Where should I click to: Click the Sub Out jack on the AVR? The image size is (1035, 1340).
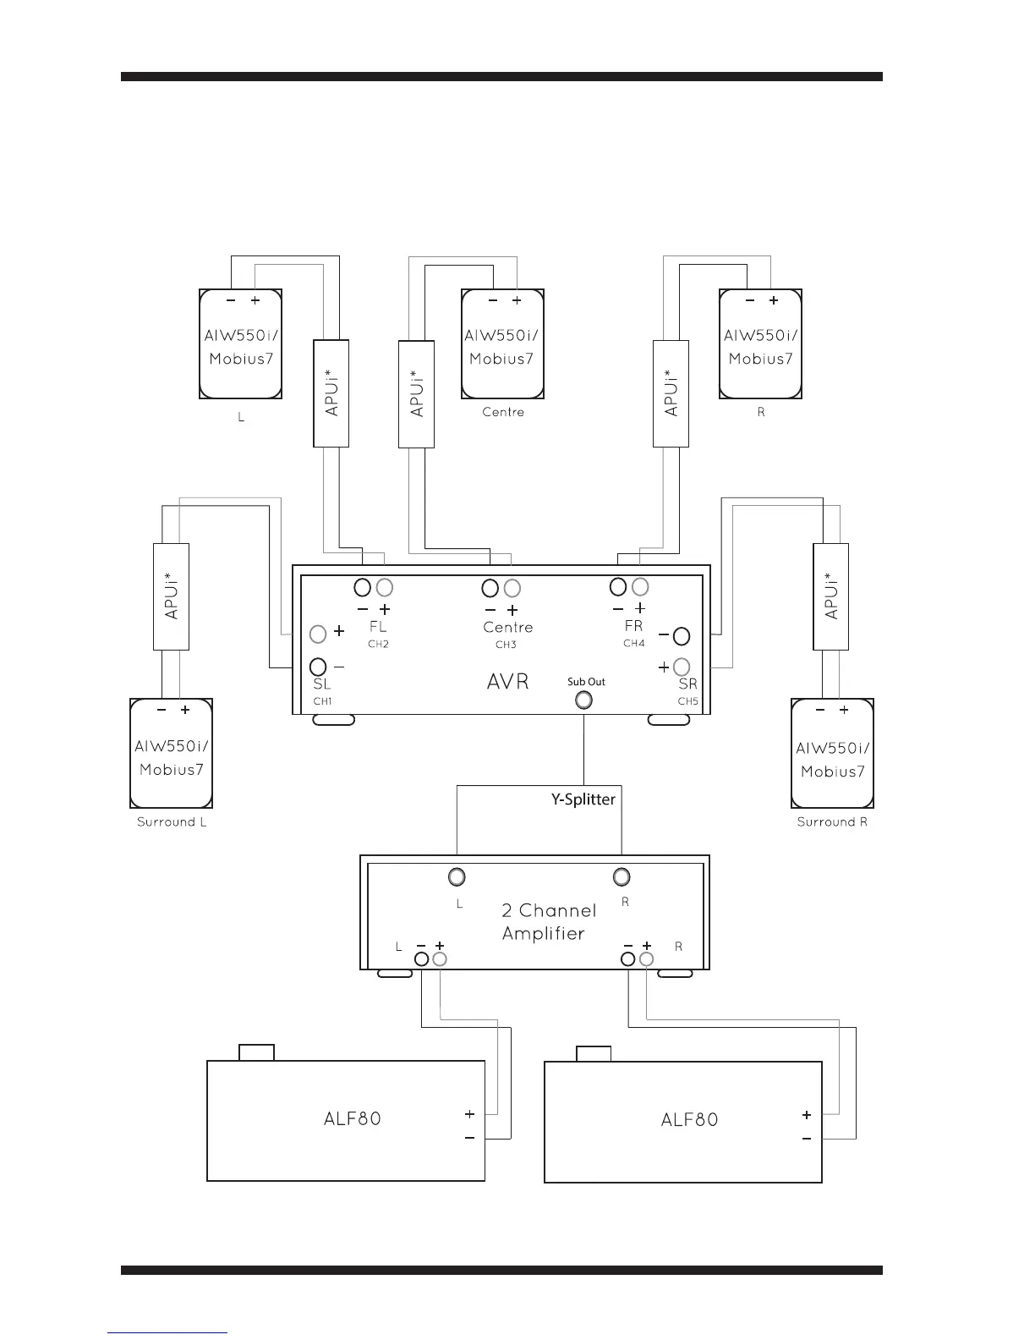tap(583, 700)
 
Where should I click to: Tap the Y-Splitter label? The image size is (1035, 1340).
tap(583, 799)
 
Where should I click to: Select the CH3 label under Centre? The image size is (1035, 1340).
tap(506, 645)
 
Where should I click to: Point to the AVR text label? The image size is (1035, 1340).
tap(508, 682)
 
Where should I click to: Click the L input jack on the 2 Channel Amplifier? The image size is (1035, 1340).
tap(457, 876)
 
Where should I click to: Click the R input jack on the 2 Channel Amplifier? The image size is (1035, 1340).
tap(622, 876)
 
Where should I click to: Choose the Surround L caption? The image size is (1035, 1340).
tap(172, 822)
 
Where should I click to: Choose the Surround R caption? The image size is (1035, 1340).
tap(832, 822)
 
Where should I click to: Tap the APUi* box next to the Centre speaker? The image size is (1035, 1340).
tap(416, 393)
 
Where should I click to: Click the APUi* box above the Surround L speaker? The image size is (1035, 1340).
tap(171, 596)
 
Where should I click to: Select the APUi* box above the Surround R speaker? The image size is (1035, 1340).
tap(830, 596)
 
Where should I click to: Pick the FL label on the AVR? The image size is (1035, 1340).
tap(378, 627)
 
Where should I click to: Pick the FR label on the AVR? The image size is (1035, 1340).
tap(633, 627)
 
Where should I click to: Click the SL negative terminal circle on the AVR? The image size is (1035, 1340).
tap(319, 666)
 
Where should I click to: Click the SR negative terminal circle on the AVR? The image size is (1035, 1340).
tap(681, 635)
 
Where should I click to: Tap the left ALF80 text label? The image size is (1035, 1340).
tap(353, 1118)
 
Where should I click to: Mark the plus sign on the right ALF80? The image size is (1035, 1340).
tap(807, 1115)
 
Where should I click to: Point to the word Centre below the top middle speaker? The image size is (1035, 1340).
tap(503, 412)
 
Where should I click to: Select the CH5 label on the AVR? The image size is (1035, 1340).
tap(687, 701)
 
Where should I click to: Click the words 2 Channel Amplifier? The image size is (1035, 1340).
tap(548, 922)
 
